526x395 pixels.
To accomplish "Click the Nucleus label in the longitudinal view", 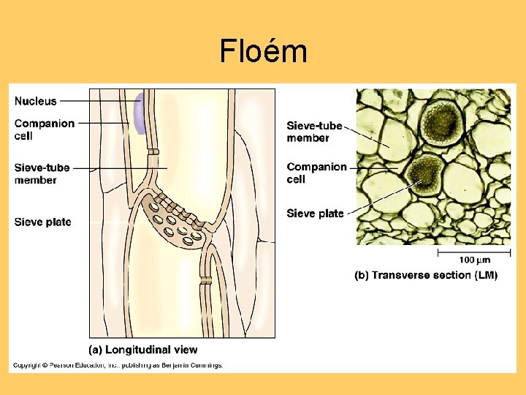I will (x=35, y=101).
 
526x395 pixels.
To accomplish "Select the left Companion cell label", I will (x=44, y=129).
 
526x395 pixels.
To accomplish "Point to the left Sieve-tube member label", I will (x=42, y=173).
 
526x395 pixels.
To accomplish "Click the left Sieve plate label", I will (x=42, y=222).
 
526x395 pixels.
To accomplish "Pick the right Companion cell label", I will (x=316, y=173).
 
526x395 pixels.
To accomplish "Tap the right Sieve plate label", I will (x=315, y=214).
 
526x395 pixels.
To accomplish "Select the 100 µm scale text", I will (x=475, y=260).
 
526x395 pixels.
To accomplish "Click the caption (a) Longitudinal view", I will (x=142, y=350).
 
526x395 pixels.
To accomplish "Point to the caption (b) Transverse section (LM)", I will (x=426, y=275).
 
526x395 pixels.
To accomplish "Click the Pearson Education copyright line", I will (x=118, y=365).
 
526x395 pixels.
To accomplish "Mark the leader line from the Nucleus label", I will (x=99, y=101).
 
